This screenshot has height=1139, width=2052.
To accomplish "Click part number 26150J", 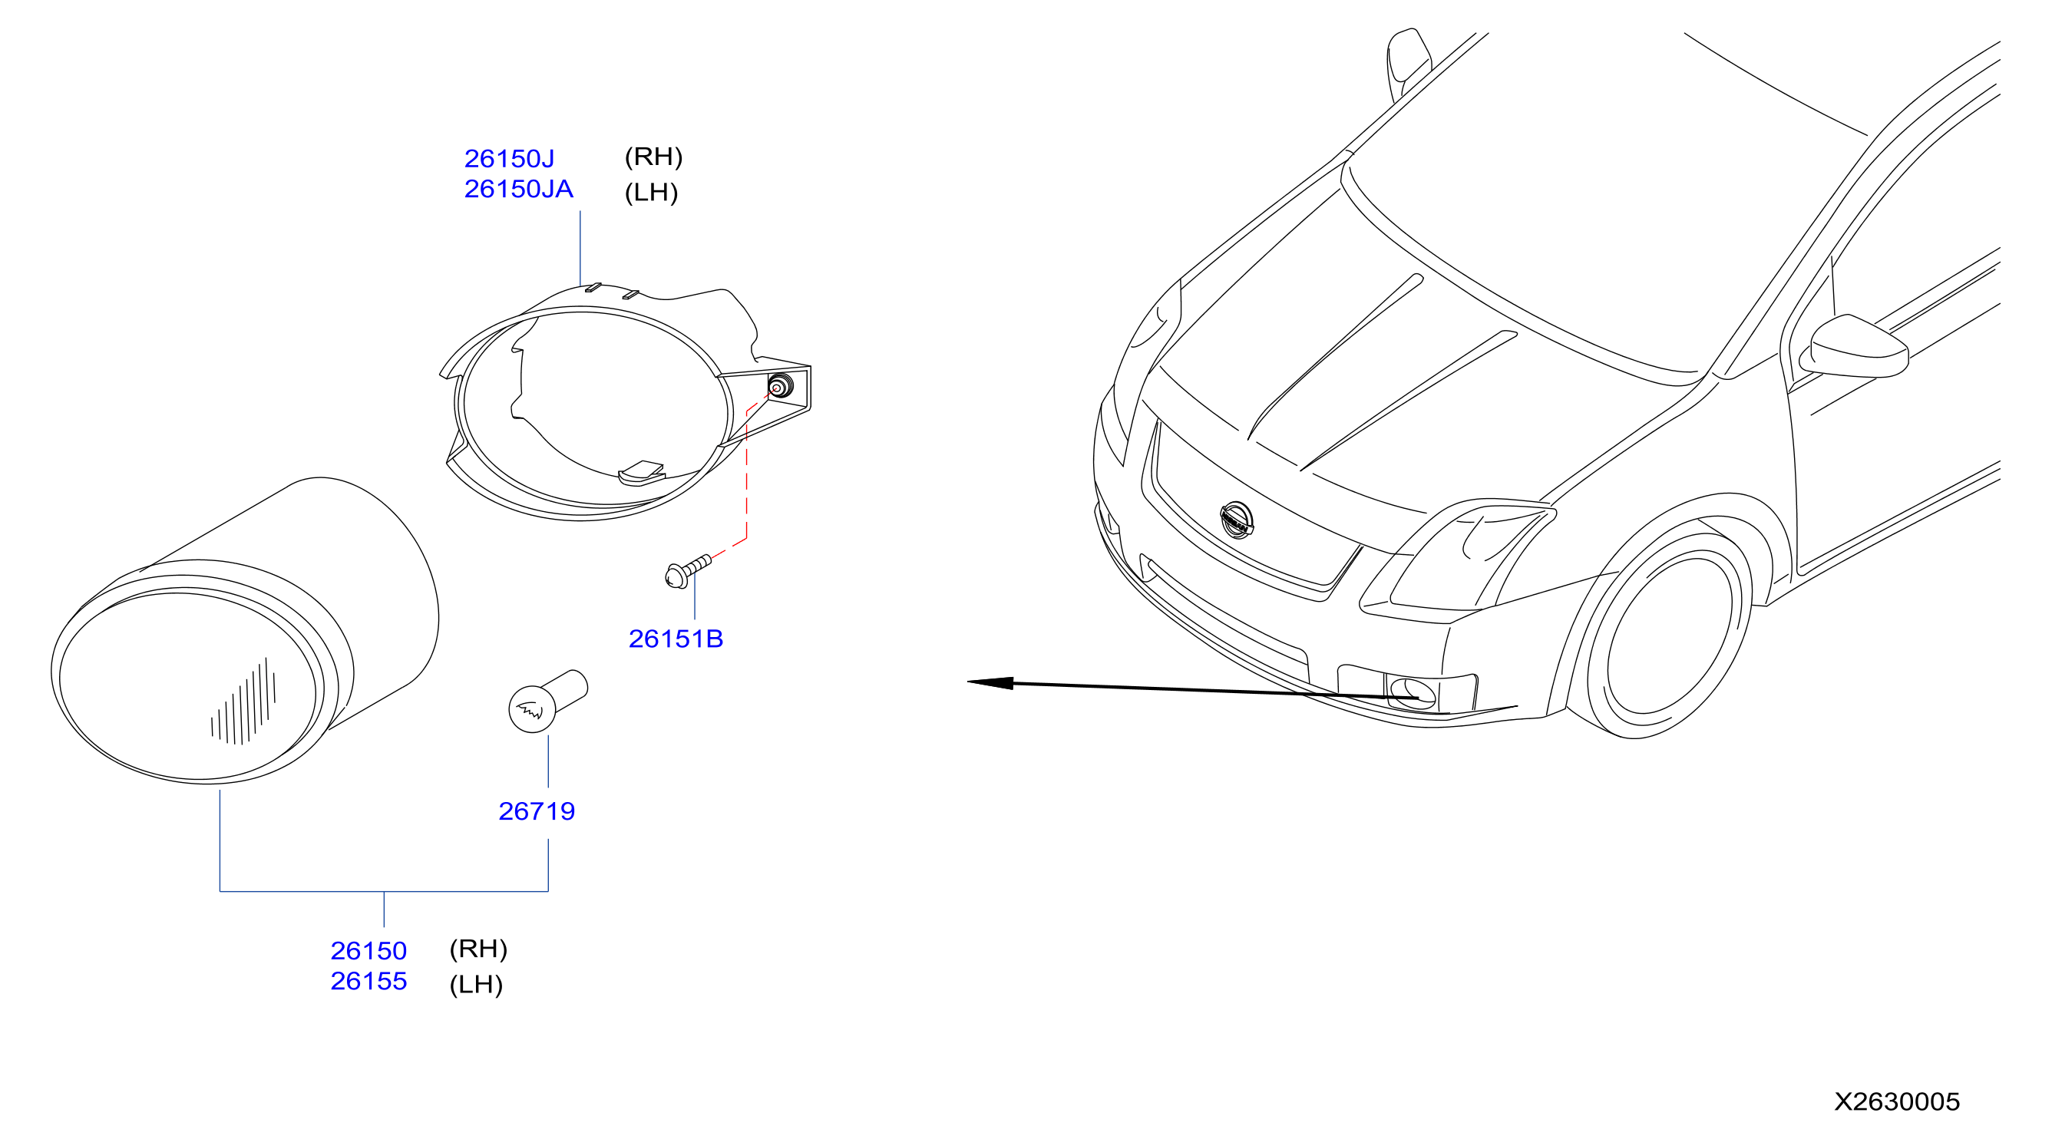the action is click(509, 159).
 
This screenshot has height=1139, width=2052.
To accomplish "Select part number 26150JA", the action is click(519, 189).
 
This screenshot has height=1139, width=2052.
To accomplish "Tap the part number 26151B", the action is click(676, 639).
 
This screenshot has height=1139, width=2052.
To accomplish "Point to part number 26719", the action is click(536, 811).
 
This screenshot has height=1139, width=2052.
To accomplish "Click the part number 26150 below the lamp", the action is click(368, 950).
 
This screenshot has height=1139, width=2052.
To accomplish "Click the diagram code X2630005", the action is click(1897, 1101).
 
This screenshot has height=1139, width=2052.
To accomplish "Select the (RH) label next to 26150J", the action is click(653, 157).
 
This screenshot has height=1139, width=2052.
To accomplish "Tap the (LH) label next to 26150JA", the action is click(651, 192).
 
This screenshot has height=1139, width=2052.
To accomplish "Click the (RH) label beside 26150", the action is click(478, 949).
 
